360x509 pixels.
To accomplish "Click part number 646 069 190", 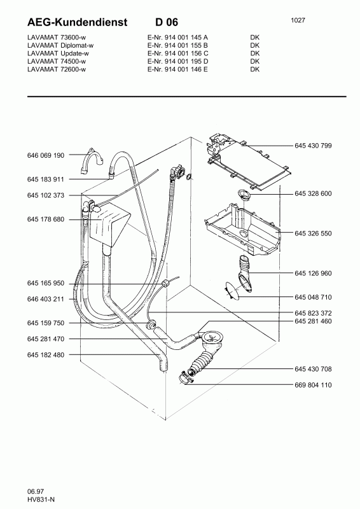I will click(x=45, y=155).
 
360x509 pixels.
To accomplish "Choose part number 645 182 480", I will click(x=45, y=354).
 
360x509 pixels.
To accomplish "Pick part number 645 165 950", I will click(x=45, y=282).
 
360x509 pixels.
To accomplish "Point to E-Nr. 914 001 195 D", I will click(x=174, y=61).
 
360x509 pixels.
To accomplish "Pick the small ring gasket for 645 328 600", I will click(x=244, y=193).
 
